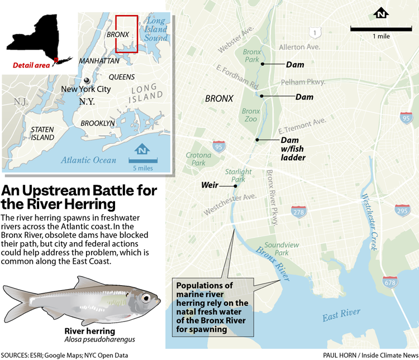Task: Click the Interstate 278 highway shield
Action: (298, 212)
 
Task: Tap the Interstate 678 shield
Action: (389, 282)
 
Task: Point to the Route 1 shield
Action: (316, 32)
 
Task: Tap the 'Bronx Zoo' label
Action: (251, 116)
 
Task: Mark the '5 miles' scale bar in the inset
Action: (143, 162)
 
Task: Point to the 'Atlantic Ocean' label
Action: (89, 160)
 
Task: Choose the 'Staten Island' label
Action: (42, 133)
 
